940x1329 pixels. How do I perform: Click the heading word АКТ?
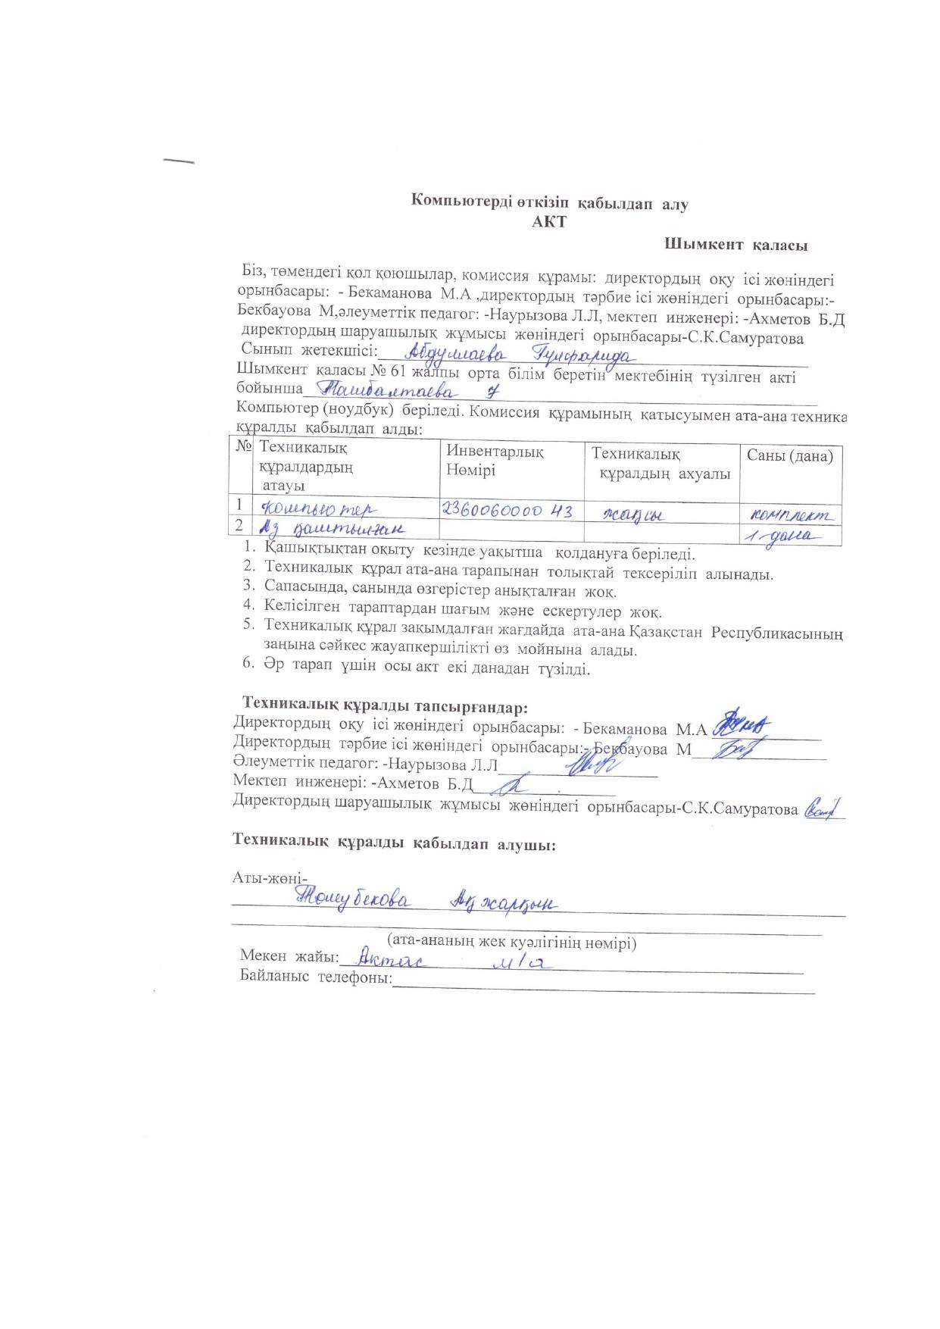click(549, 223)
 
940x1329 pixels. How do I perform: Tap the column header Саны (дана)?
click(790, 456)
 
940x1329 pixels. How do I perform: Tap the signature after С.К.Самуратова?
click(824, 808)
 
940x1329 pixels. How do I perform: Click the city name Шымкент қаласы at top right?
click(735, 245)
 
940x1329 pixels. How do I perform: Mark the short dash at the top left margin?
click(179, 161)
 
